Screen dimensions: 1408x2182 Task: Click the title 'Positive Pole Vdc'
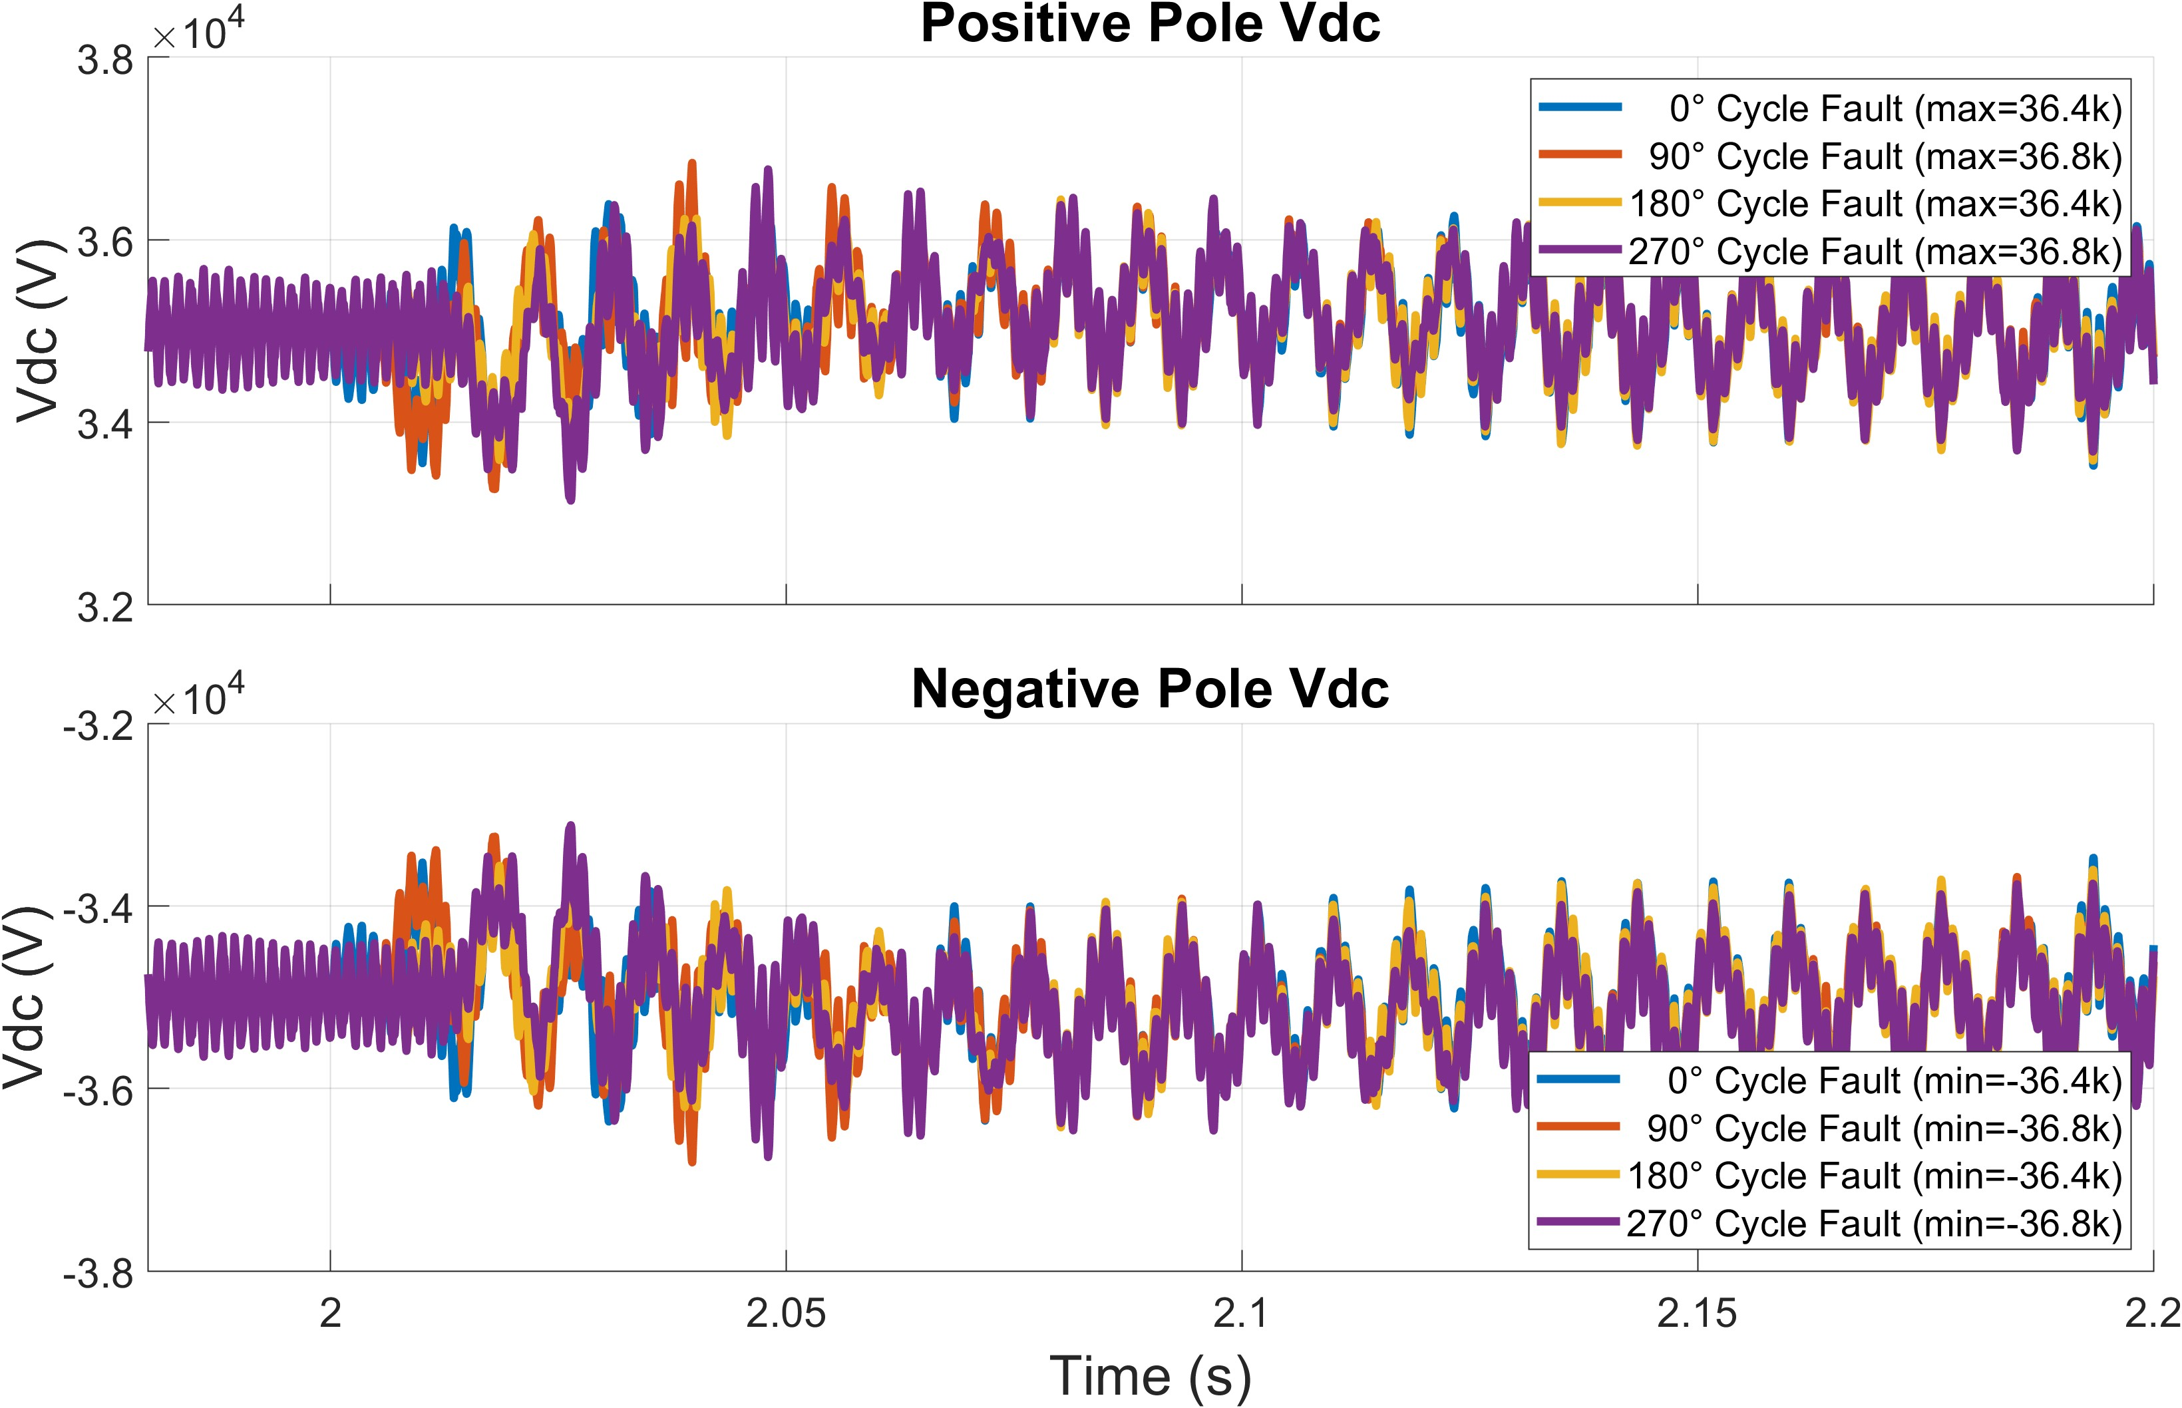1149,24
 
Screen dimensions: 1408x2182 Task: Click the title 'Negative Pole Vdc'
1149,689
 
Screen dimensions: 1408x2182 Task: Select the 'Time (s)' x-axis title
1149,1375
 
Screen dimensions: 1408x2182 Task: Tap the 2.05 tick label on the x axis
785,1313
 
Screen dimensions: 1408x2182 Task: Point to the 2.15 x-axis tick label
1697,1313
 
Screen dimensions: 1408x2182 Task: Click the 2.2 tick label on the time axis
2152,1313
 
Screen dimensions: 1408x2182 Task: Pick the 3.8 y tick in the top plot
105,61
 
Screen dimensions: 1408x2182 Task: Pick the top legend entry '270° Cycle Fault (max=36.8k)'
1874,252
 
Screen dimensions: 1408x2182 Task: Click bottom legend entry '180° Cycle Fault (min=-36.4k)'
1874,1176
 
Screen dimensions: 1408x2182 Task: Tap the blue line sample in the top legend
1580,108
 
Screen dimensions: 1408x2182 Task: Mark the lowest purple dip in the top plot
570,498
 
